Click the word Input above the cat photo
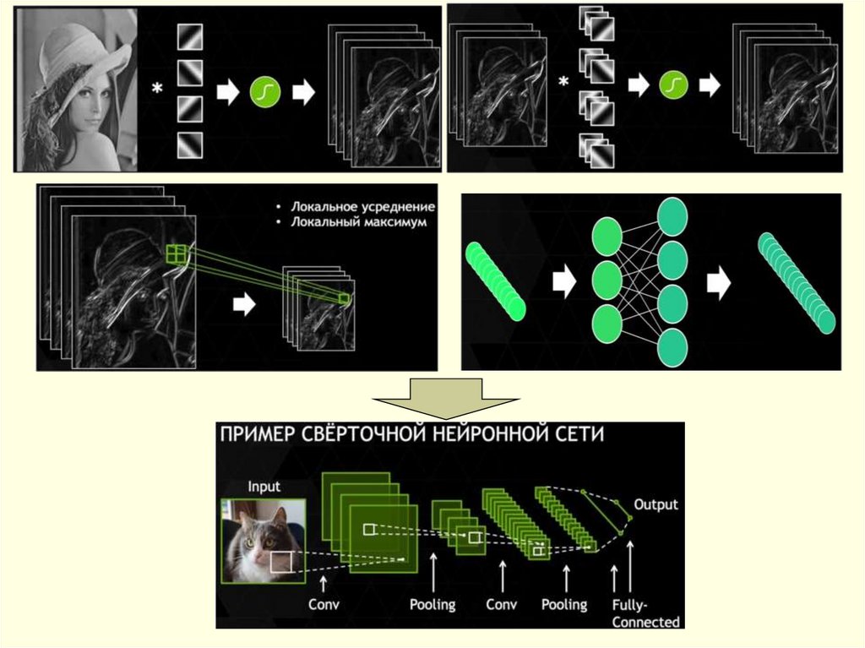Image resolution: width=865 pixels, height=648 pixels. pyautogui.click(x=264, y=487)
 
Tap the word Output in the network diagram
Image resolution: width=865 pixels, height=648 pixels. pyautogui.click(x=656, y=504)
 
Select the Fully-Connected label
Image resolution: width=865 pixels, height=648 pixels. pyautogui.click(x=645, y=613)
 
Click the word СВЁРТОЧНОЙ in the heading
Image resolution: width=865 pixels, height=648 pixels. pyautogui.click(x=364, y=434)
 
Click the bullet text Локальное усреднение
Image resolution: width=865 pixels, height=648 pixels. pyautogui.click(x=363, y=207)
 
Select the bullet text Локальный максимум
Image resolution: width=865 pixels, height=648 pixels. pyautogui.click(x=358, y=222)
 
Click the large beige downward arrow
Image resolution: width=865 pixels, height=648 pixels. pyautogui.click(x=446, y=399)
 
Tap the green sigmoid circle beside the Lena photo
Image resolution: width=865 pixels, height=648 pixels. pyautogui.click(x=265, y=91)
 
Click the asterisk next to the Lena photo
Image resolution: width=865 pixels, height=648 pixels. pyautogui.click(x=158, y=88)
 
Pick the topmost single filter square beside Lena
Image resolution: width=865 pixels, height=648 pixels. pyautogui.click(x=190, y=37)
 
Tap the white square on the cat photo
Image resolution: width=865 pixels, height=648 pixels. pyautogui.click(x=281, y=561)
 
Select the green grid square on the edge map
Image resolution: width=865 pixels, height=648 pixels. pyautogui.click(x=176, y=254)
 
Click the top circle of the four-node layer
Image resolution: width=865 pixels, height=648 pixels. pyautogui.click(x=672, y=217)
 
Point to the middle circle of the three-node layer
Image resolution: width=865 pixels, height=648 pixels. pyautogui.click(x=607, y=280)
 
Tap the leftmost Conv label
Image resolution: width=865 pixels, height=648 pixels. pyautogui.click(x=324, y=604)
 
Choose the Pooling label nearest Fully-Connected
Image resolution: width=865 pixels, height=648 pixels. pyautogui.click(x=564, y=605)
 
